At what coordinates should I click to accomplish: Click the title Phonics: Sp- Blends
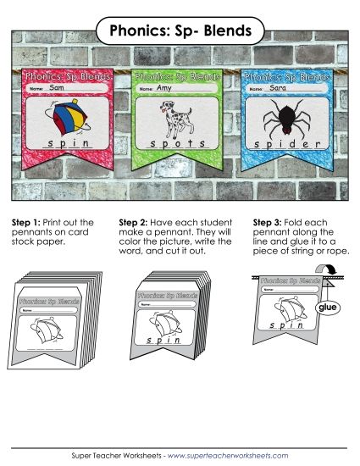tap(180, 32)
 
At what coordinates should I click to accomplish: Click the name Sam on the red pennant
tap(57, 87)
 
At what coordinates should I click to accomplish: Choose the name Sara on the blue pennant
tap(275, 87)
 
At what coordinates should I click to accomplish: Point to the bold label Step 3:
tap(270, 222)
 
